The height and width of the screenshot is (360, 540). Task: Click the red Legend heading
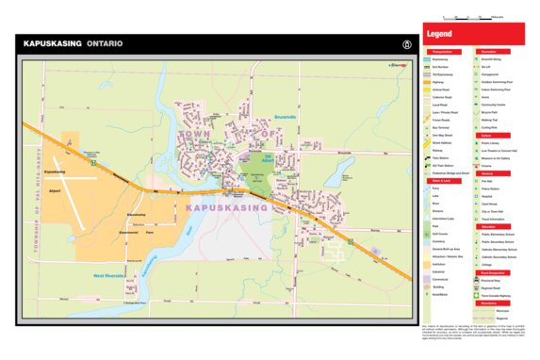[x=440, y=35]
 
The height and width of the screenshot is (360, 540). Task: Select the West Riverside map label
[x=111, y=275]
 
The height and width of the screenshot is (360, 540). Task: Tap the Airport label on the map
[x=54, y=192]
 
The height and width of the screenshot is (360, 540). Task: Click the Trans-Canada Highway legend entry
[x=494, y=294]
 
